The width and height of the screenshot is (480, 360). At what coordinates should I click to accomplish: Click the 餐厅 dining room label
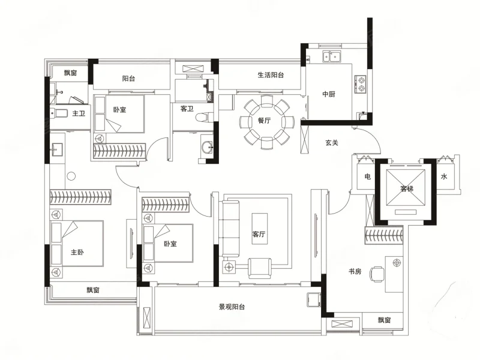pyautogui.click(x=264, y=121)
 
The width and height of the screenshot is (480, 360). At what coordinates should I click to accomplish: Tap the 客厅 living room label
pyautogui.click(x=259, y=234)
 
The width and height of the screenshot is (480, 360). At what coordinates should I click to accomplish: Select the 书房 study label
pyautogui.click(x=355, y=271)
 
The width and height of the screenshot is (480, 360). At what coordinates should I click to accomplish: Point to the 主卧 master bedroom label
pyautogui.click(x=77, y=252)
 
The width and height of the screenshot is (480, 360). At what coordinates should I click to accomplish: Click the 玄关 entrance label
pyautogui.click(x=332, y=143)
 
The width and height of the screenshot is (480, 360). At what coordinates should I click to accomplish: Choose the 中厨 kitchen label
pyautogui.click(x=329, y=94)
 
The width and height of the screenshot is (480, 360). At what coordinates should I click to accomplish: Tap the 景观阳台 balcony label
pyautogui.click(x=232, y=307)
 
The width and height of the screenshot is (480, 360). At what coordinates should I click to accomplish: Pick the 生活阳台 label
pyautogui.click(x=271, y=74)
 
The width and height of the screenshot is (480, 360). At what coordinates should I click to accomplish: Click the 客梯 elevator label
pyautogui.click(x=407, y=188)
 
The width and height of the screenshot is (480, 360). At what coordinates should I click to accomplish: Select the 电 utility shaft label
pyautogui.click(x=368, y=176)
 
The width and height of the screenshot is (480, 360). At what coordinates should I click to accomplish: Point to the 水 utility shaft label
pyautogui.click(x=444, y=176)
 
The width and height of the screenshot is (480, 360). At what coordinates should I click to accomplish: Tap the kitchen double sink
pyautogui.click(x=332, y=56)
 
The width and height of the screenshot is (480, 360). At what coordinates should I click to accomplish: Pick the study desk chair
pyautogui.click(x=377, y=274)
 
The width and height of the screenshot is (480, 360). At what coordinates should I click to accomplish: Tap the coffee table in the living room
pyautogui.click(x=259, y=229)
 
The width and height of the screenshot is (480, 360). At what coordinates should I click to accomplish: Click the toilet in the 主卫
pyautogui.click(x=59, y=113)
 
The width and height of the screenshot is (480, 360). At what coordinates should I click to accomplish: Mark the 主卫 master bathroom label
pyautogui.click(x=79, y=113)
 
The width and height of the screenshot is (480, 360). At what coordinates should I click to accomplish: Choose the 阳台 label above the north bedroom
pyautogui.click(x=128, y=79)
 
